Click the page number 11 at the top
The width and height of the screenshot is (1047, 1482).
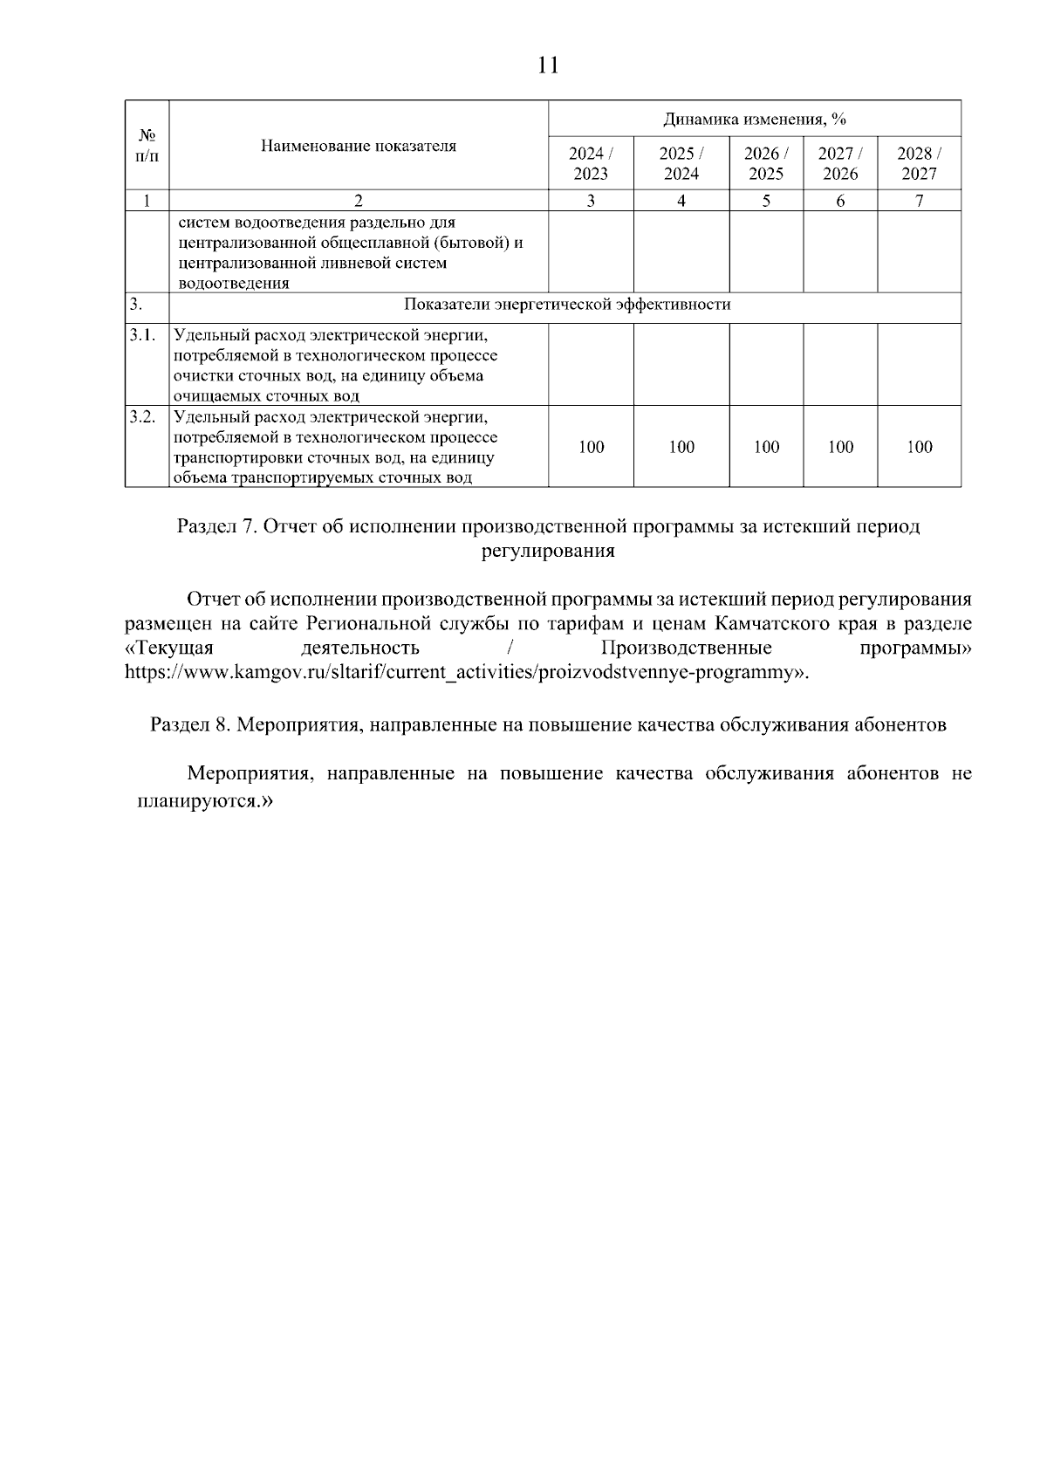(x=548, y=65)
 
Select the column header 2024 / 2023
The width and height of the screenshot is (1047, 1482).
(x=591, y=163)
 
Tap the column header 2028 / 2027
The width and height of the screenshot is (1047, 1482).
(x=919, y=163)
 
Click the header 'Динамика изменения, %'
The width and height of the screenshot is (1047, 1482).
(x=755, y=119)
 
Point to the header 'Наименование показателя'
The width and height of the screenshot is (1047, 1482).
(x=358, y=146)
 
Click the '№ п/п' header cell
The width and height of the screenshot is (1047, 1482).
(x=147, y=146)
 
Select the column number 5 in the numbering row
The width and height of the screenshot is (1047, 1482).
(x=765, y=201)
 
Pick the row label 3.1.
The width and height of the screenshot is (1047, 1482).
(x=142, y=335)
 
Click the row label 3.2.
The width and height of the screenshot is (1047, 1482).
(x=142, y=416)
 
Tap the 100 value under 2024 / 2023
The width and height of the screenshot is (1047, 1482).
(x=591, y=447)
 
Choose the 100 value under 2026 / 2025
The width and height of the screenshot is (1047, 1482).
(x=765, y=447)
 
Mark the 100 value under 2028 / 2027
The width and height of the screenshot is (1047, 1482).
(x=919, y=447)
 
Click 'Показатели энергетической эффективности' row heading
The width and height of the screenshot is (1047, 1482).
(x=567, y=305)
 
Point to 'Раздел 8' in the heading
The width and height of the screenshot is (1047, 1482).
(x=188, y=724)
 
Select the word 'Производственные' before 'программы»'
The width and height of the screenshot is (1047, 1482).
(x=686, y=648)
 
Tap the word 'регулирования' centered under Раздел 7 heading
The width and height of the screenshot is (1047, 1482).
(x=548, y=551)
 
